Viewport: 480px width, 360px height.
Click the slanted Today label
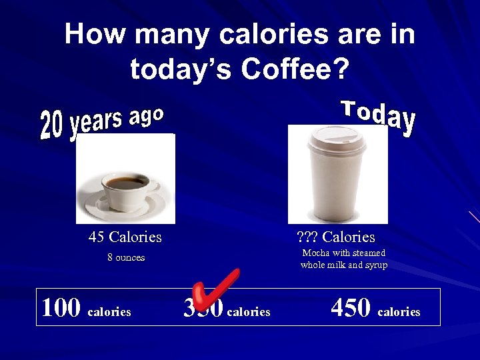point(379,118)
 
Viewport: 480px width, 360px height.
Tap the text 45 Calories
point(125,237)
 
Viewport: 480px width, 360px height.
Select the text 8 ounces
point(126,257)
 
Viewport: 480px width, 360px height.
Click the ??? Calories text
point(335,237)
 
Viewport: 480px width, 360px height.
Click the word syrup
point(375,265)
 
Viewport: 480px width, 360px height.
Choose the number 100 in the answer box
point(61,307)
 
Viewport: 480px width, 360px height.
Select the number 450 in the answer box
point(351,307)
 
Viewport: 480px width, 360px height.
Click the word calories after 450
point(399,312)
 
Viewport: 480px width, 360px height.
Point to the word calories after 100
point(109,312)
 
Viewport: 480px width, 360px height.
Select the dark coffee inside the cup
point(127,180)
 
